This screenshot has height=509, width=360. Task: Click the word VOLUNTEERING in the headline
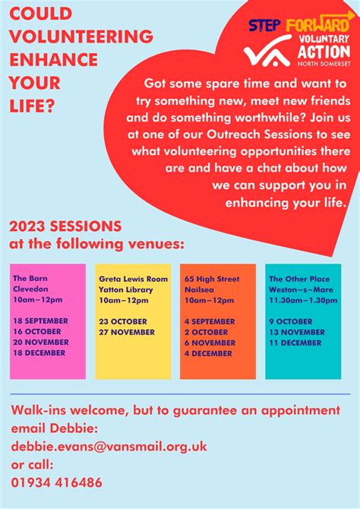pyautogui.click(x=81, y=36)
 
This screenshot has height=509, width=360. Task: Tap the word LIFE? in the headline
pyautogui.click(x=31, y=106)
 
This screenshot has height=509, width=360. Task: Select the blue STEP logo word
pyautogui.click(x=265, y=25)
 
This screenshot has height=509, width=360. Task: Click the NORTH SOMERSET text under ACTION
pyautogui.click(x=324, y=64)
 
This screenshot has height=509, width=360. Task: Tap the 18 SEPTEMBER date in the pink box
pyautogui.click(x=40, y=321)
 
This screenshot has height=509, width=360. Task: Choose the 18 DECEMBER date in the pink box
pyautogui.click(x=39, y=353)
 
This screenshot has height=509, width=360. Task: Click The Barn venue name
pyautogui.click(x=30, y=278)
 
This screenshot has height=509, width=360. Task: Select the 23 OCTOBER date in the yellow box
pyautogui.click(x=123, y=321)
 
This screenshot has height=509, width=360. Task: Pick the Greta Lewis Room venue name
pyautogui.click(x=134, y=279)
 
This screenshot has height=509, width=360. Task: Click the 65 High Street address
pyautogui.click(x=212, y=279)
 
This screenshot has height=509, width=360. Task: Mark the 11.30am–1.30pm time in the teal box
pyautogui.click(x=303, y=300)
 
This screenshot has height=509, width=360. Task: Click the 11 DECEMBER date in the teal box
pyautogui.click(x=295, y=343)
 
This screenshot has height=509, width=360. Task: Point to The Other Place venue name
pyautogui.click(x=299, y=279)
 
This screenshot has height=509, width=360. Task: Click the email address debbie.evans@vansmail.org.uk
pyautogui.click(x=109, y=447)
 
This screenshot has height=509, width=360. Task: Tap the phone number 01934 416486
pyautogui.click(x=56, y=482)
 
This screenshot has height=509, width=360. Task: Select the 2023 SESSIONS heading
pyautogui.click(x=65, y=226)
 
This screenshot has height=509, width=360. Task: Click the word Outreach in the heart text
pyautogui.click(x=233, y=134)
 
